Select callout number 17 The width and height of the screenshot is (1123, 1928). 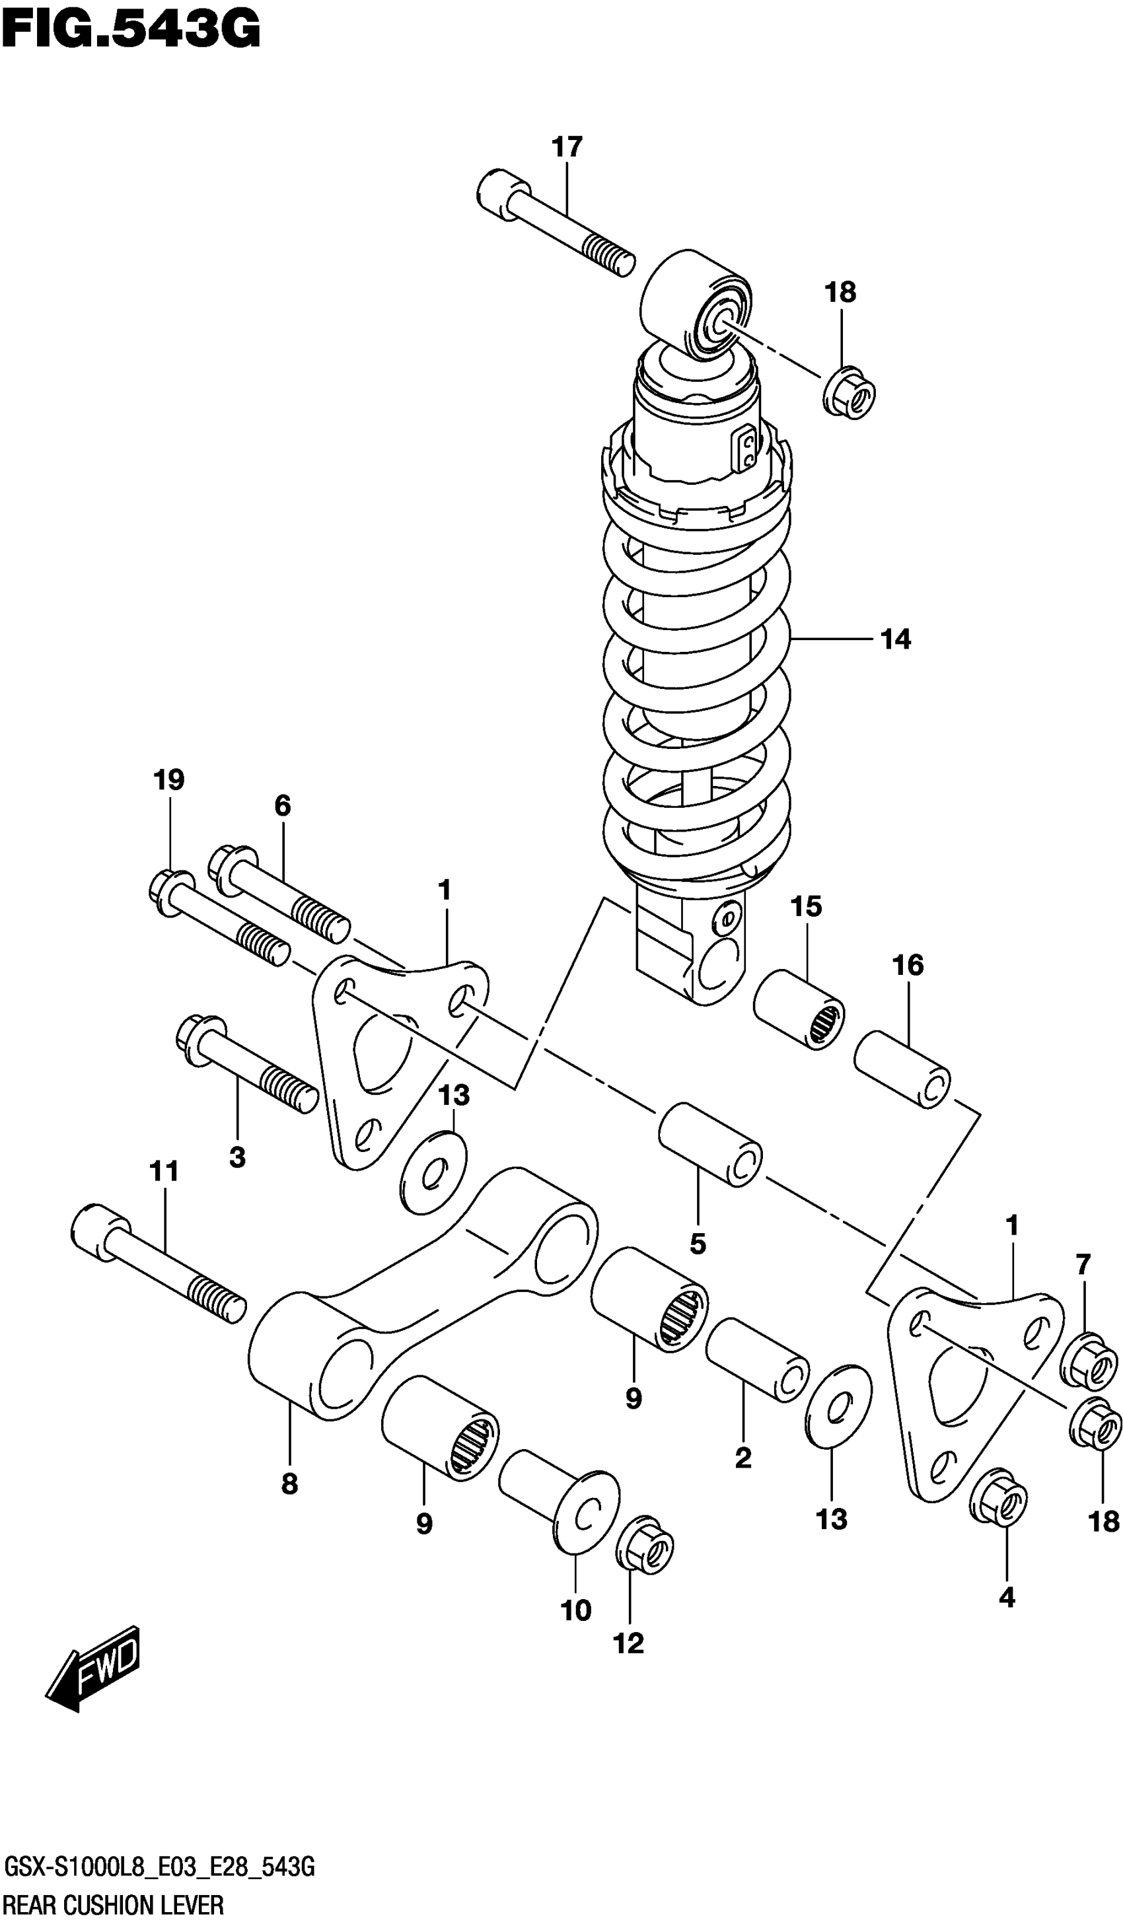click(x=567, y=146)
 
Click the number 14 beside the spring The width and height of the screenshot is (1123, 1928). click(x=895, y=639)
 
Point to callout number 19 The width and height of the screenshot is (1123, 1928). click(x=168, y=781)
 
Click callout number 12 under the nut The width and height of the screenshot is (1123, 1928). click(x=628, y=1643)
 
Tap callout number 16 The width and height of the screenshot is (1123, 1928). click(x=907, y=966)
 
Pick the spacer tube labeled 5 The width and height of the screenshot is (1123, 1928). click(x=710, y=1145)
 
